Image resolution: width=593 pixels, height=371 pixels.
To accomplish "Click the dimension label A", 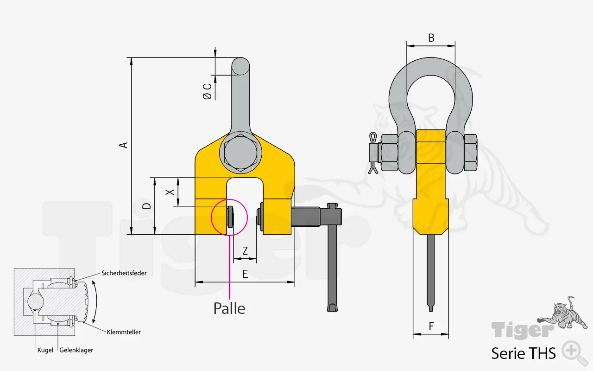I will pos(123,145).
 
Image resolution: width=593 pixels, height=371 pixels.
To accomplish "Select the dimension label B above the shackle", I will pos(431,38).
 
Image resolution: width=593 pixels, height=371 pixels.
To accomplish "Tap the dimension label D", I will pos(146,206).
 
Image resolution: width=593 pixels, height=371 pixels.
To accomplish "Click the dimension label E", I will pos(245,274).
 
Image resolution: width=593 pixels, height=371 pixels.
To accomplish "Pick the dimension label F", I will pos(431,326).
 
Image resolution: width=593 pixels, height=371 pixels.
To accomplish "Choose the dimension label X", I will pos(170,192).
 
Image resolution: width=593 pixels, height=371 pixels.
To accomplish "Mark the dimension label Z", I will pos(245,251).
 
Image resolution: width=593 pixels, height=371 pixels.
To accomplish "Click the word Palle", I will pos(229,308).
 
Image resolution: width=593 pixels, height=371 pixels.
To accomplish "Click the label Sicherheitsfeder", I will pos(124,273).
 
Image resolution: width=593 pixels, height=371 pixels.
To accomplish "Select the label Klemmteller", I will pos(124,332).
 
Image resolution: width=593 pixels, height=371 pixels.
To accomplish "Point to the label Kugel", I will pos(45,350).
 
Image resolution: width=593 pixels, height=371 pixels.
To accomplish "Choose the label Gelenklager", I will pos(76,350).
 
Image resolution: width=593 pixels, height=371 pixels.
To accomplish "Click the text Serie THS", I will pos(524,353).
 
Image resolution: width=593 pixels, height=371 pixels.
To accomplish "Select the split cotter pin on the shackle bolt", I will pos(373,153).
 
